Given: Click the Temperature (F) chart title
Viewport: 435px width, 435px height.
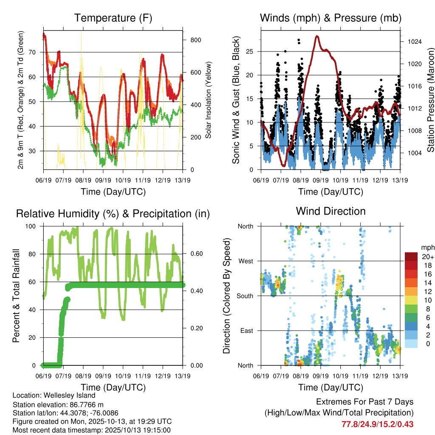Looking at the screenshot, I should click(113, 18).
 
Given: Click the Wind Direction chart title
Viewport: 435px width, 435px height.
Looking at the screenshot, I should click(330, 211).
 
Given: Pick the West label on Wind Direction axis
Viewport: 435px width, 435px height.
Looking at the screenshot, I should click(246, 261).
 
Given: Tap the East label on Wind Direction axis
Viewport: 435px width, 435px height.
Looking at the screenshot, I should click(246, 330).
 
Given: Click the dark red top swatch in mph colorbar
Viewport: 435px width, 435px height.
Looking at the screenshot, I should click(411, 256).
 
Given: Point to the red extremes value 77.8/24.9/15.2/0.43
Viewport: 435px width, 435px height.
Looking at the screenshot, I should click(377, 424).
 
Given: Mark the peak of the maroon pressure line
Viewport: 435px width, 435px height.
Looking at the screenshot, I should click(317, 37).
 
